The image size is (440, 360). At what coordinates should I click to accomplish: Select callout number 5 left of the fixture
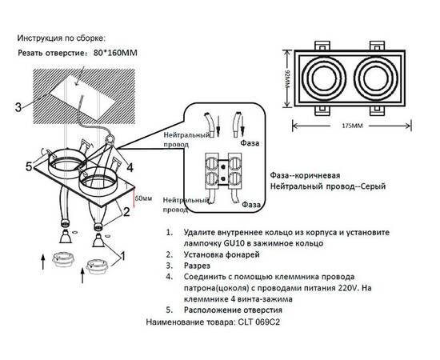coord(28,167)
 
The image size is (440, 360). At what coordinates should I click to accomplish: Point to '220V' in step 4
coord(355,286)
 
